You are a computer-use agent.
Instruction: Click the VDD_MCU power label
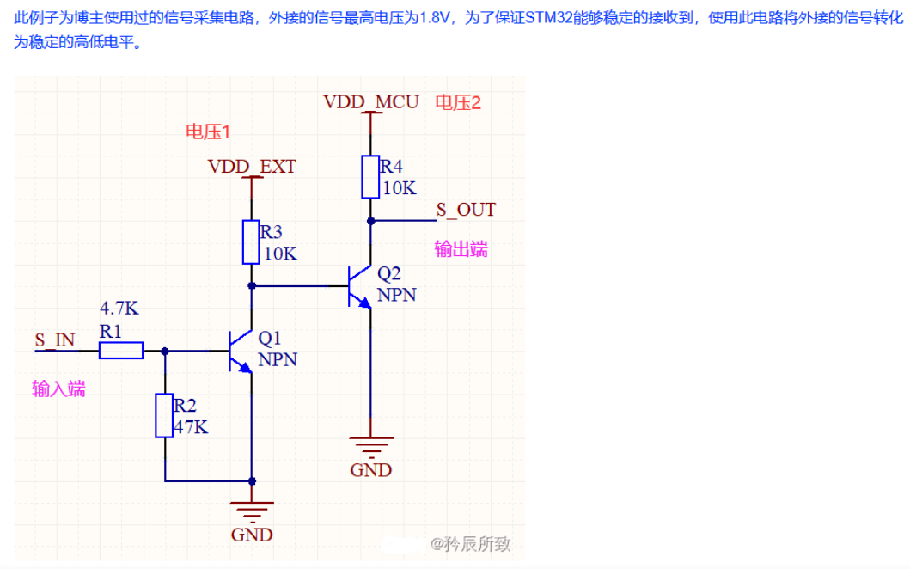pos(370,101)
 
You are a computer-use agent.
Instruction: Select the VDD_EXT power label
pos(251,166)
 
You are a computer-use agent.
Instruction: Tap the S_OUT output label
pos(465,209)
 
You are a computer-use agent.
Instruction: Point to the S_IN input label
pos(55,340)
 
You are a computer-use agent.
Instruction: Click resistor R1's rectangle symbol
pos(120,350)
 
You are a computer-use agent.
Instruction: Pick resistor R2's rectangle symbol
pos(165,416)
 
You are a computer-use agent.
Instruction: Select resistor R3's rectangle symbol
pos(251,242)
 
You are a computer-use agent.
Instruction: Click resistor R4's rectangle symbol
pos(370,177)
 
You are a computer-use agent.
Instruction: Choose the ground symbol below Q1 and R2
pos(252,511)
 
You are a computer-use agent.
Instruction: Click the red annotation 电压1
pos(208,132)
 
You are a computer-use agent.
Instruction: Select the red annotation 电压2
pos(458,102)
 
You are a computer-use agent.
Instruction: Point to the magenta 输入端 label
pos(58,389)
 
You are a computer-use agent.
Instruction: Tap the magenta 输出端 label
pos(461,249)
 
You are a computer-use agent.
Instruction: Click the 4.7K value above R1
pos(118,308)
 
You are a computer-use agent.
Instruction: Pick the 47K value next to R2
pos(191,426)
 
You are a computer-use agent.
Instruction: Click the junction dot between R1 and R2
pos(165,351)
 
